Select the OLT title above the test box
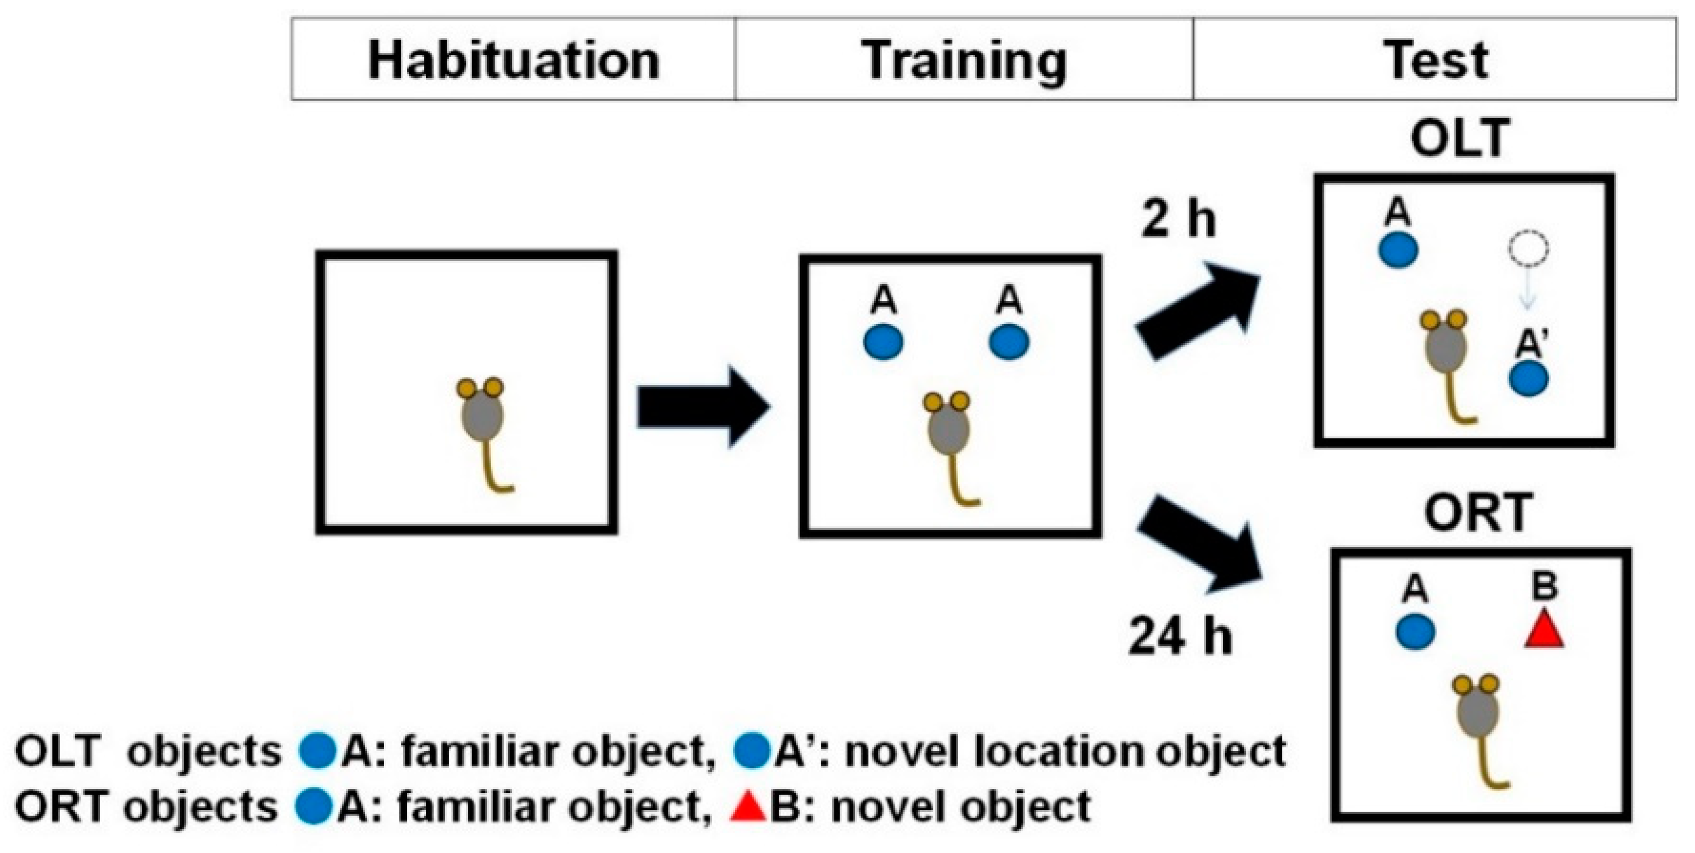click(x=1459, y=139)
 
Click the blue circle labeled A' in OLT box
click(x=1528, y=379)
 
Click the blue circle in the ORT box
click(x=1415, y=632)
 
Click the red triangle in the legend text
click(x=748, y=808)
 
